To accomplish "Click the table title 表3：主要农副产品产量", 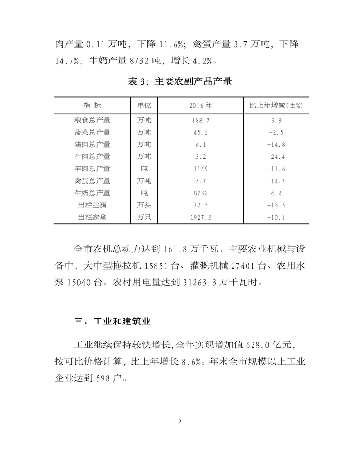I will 180,82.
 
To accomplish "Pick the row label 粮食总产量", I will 92,121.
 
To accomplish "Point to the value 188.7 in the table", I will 201,121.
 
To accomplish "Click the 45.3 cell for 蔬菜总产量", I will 201,133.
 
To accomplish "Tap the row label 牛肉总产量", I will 92,157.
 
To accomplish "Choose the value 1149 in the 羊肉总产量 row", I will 201,169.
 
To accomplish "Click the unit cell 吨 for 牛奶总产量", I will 144,193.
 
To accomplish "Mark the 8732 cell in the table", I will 201,193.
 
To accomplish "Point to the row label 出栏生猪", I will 92,205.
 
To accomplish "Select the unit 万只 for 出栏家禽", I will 144,217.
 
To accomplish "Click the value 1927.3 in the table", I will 201,217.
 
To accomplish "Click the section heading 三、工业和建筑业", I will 112,321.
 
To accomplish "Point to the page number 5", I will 180,421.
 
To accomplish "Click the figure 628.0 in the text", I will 259,345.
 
